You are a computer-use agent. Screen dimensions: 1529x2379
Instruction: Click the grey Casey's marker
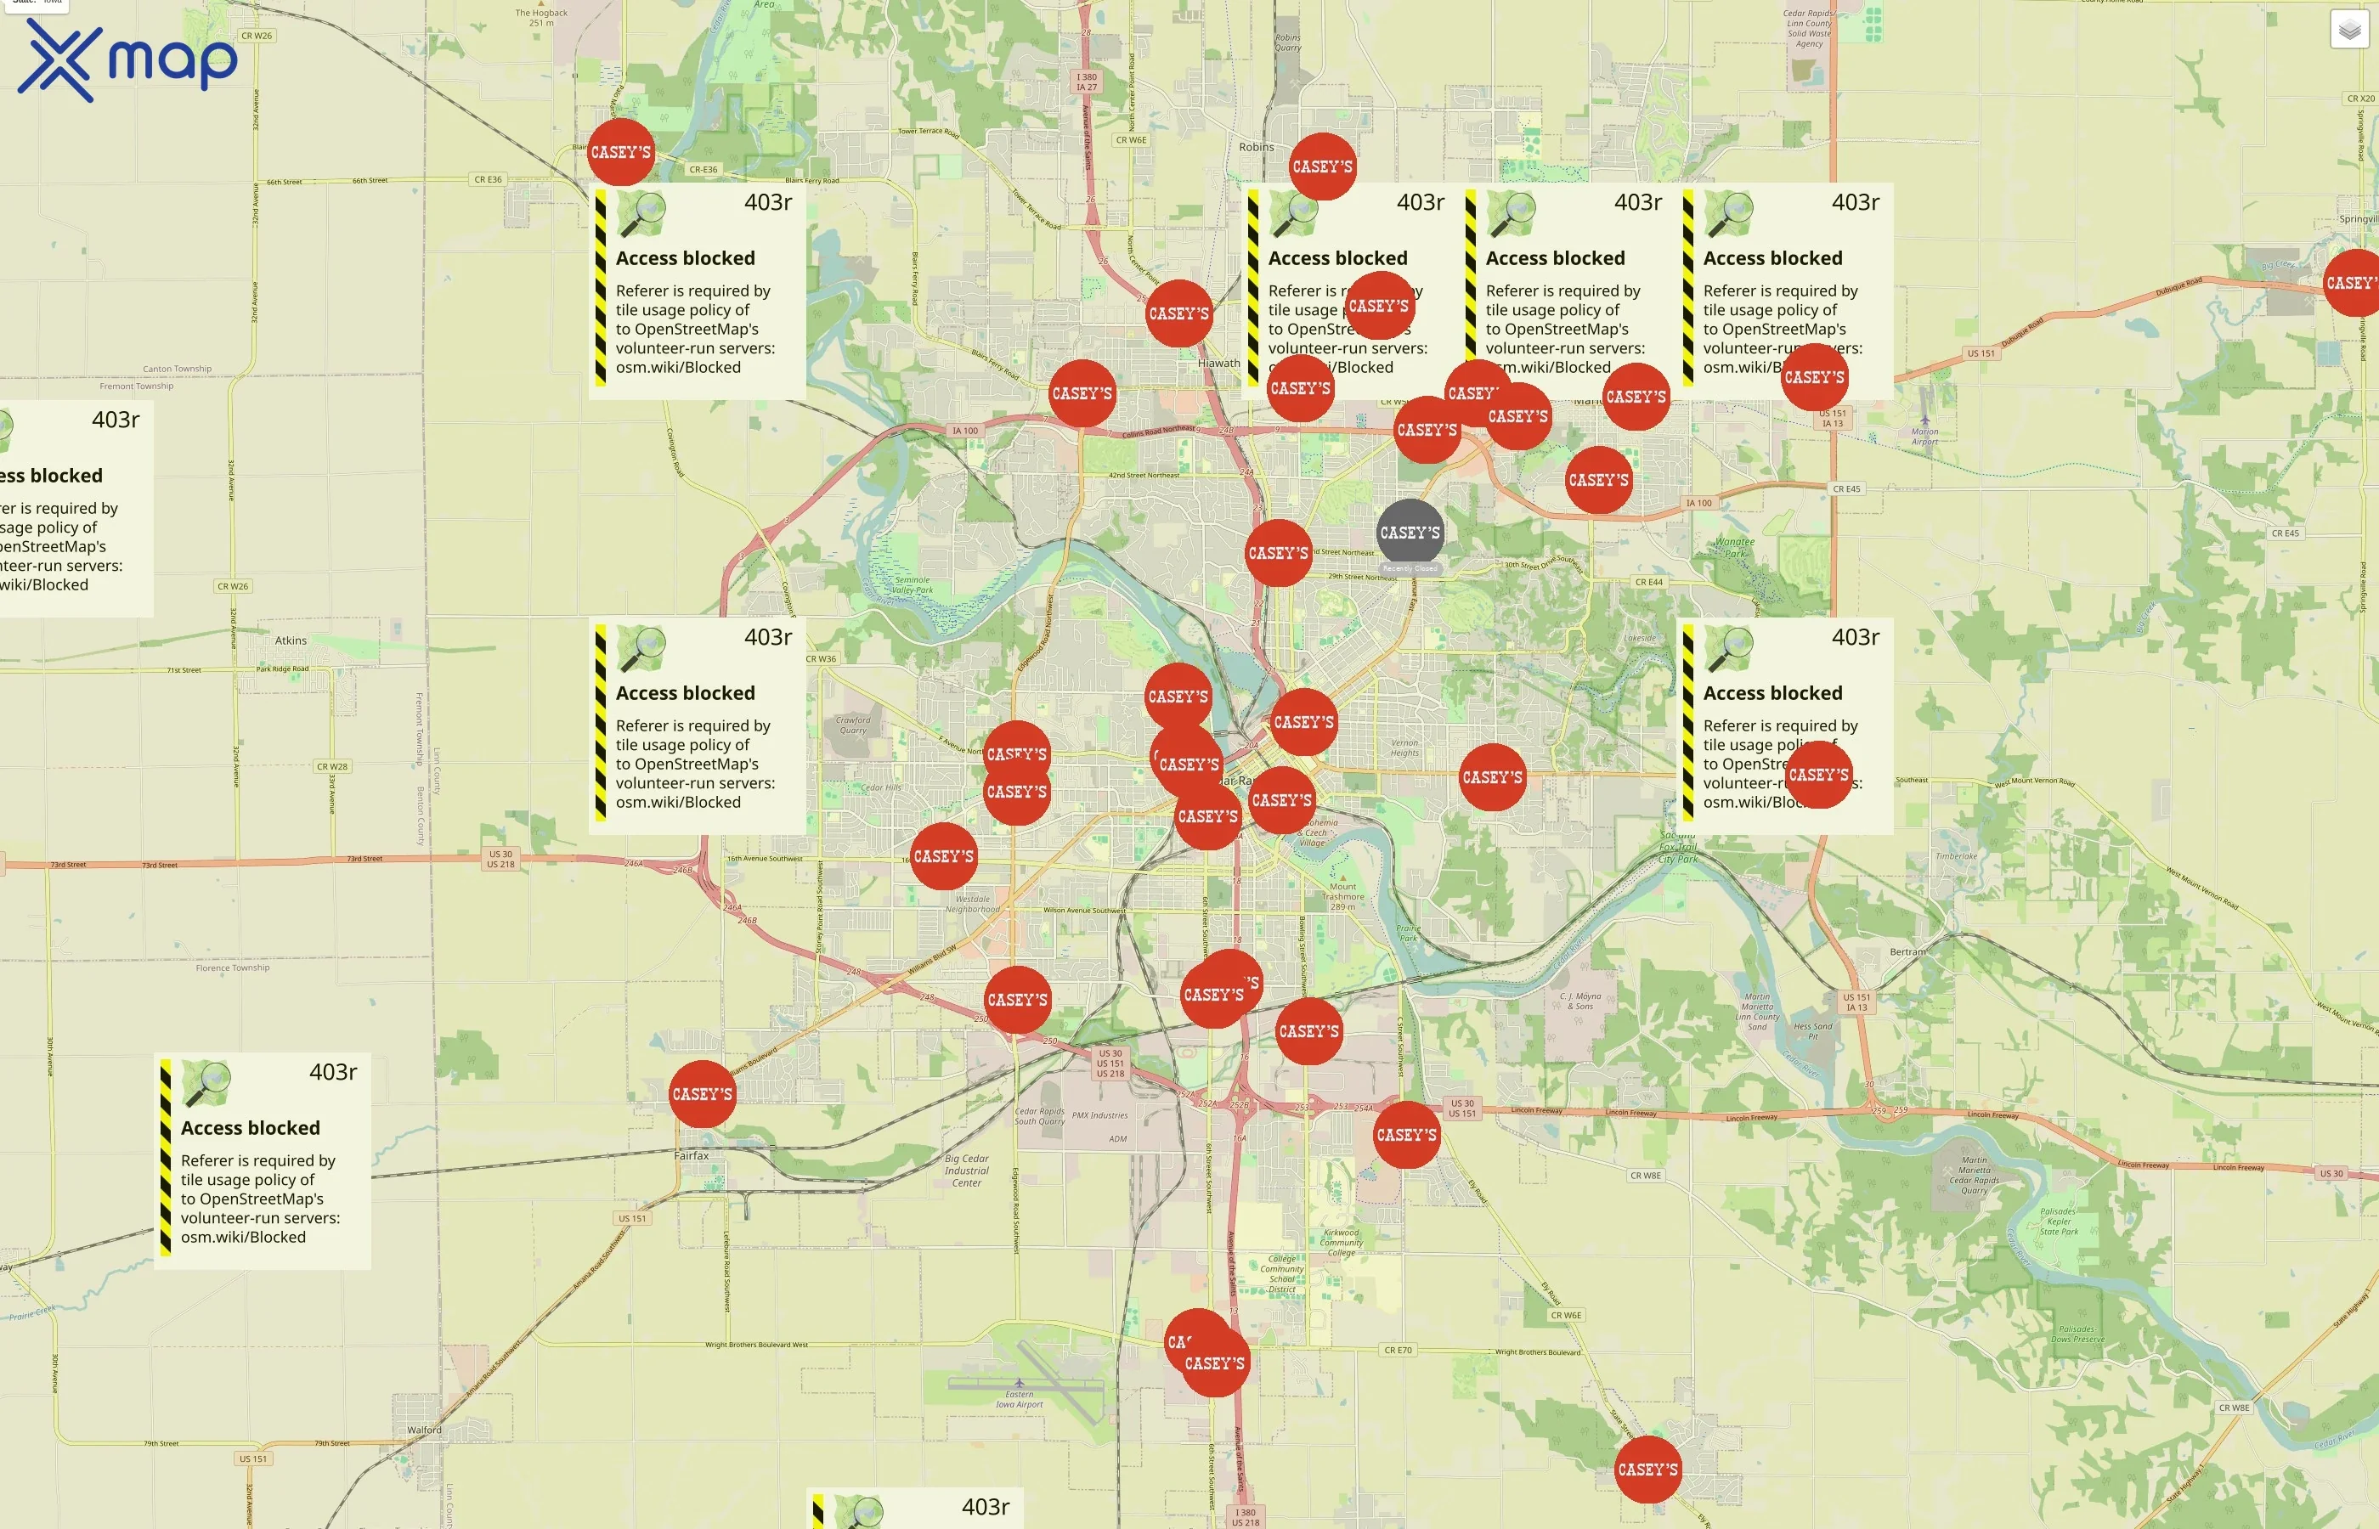click(1409, 533)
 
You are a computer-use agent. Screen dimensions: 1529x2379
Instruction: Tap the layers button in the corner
click(2349, 30)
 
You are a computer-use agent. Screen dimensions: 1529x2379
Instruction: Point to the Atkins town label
click(291, 640)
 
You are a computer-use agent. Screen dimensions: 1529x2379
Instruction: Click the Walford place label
click(424, 1430)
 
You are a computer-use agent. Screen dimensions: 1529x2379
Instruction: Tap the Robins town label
click(1256, 147)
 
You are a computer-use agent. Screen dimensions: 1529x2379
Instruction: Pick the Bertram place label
click(1907, 951)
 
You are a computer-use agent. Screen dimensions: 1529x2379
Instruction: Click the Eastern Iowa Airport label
click(1020, 1399)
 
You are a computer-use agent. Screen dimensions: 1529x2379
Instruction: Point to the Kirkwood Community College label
click(1342, 1242)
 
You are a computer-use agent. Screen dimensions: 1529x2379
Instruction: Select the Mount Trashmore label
click(1342, 895)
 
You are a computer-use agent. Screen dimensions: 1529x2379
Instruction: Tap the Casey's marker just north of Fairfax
click(702, 1094)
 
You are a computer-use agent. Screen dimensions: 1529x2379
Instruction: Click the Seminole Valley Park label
click(913, 584)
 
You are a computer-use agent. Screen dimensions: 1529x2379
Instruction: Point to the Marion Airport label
click(1924, 436)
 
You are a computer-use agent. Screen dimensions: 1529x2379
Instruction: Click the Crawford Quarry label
click(853, 725)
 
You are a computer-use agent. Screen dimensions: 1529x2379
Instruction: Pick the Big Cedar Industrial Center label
click(966, 1170)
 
